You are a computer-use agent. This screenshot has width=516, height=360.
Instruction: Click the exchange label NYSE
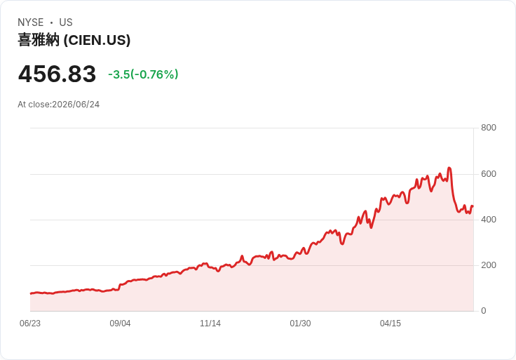click(x=31, y=22)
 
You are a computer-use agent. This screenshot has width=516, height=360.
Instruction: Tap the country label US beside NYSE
click(x=66, y=22)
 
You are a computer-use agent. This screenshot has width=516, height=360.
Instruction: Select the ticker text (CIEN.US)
click(x=97, y=40)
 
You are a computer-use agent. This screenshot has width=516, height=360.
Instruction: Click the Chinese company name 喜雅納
click(x=39, y=40)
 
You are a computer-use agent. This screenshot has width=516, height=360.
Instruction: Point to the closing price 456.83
click(x=57, y=74)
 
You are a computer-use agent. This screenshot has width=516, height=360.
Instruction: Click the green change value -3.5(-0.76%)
click(x=143, y=74)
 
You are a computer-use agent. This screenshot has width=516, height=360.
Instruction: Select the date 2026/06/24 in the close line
click(x=76, y=105)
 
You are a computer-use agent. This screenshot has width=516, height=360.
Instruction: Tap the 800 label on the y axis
click(x=489, y=128)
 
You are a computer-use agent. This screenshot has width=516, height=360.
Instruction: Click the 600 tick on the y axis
click(x=489, y=174)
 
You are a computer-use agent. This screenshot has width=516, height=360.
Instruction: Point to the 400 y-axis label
click(x=489, y=220)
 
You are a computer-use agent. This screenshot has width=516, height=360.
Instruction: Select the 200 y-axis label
click(x=489, y=265)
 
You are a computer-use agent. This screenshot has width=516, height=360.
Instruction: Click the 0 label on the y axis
click(x=484, y=311)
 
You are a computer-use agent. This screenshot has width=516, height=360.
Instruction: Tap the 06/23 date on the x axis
click(x=30, y=324)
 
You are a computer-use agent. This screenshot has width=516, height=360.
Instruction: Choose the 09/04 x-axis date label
click(x=120, y=324)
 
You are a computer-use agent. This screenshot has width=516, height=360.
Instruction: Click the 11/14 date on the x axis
click(x=210, y=324)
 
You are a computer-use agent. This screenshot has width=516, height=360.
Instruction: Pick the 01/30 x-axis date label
click(x=300, y=324)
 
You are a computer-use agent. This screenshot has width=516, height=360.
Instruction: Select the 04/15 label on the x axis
click(x=391, y=324)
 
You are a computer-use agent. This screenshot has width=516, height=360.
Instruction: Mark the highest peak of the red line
click(x=449, y=168)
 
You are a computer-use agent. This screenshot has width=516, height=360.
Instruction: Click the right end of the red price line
click(x=473, y=206)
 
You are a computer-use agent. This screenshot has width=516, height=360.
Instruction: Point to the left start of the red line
click(x=31, y=293)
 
